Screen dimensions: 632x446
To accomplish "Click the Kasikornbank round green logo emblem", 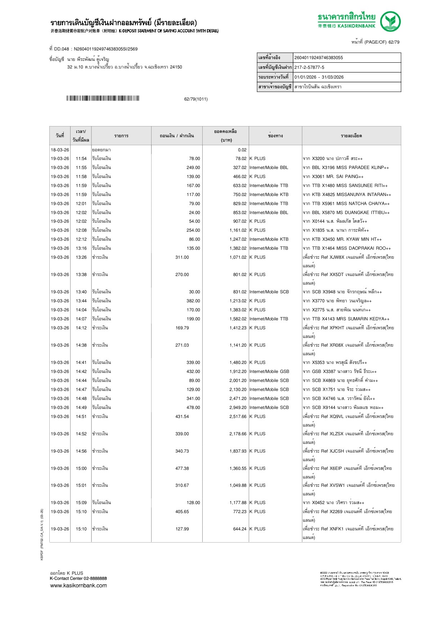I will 391,21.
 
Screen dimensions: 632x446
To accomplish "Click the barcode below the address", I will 103,98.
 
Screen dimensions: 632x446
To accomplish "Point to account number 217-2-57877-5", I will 309,67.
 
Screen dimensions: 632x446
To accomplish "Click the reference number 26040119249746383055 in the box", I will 319,58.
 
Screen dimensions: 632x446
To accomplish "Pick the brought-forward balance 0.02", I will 242,150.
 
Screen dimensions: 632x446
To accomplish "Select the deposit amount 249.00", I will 193,168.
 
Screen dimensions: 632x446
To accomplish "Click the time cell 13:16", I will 81,248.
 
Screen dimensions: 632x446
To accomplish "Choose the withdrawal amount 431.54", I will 182,417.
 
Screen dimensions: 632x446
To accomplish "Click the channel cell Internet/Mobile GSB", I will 269,371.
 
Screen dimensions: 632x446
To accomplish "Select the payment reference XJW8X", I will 337,257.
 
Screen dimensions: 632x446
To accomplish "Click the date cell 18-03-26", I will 60,150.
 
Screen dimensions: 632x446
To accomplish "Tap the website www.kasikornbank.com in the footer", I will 78,586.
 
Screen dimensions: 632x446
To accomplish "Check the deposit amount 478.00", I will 193,408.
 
